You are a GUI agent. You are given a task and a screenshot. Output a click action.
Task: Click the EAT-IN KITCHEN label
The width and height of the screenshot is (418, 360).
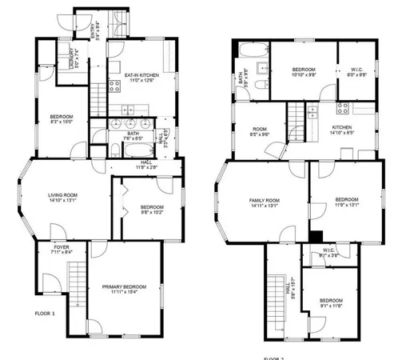pyautogui.click(x=140, y=75)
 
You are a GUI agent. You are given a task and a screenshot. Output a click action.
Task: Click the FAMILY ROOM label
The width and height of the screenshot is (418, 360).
pyautogui.click(x=265, y=201)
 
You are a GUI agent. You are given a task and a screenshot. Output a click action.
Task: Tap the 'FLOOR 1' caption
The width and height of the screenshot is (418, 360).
pyautogui.click(x=45, y=314)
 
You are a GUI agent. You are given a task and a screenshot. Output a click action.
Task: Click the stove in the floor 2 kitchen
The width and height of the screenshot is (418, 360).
pyautogui.click(x=344, y=109)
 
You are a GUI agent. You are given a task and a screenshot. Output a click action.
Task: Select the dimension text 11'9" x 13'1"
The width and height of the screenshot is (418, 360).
pyautogui.click(x=346, y=205)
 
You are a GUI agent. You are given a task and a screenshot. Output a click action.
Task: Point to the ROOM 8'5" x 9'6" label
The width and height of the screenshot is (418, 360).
pyautogui.click(x=259, y=130)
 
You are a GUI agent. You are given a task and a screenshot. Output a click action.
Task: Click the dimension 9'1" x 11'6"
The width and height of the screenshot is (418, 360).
pyautogui.click(x=331, y=306)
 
